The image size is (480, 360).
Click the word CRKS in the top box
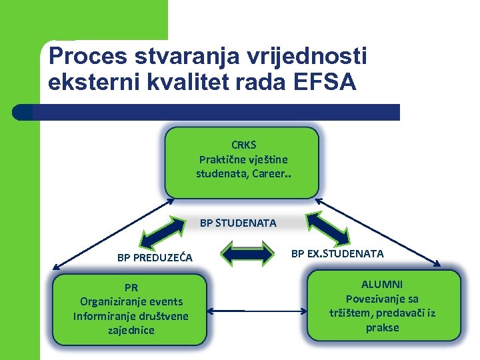243,145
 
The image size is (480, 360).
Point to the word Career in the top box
271,174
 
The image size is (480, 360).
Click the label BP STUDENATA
238,223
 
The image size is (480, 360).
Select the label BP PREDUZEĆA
155,257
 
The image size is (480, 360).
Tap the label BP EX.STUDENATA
337,253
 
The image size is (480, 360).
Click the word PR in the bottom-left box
131,288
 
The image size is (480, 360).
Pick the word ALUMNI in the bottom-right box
382,284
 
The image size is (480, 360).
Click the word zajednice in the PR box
131,330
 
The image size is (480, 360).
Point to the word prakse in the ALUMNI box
382,327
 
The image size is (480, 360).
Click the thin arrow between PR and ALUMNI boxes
257,310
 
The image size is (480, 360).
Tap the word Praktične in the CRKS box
223,159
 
